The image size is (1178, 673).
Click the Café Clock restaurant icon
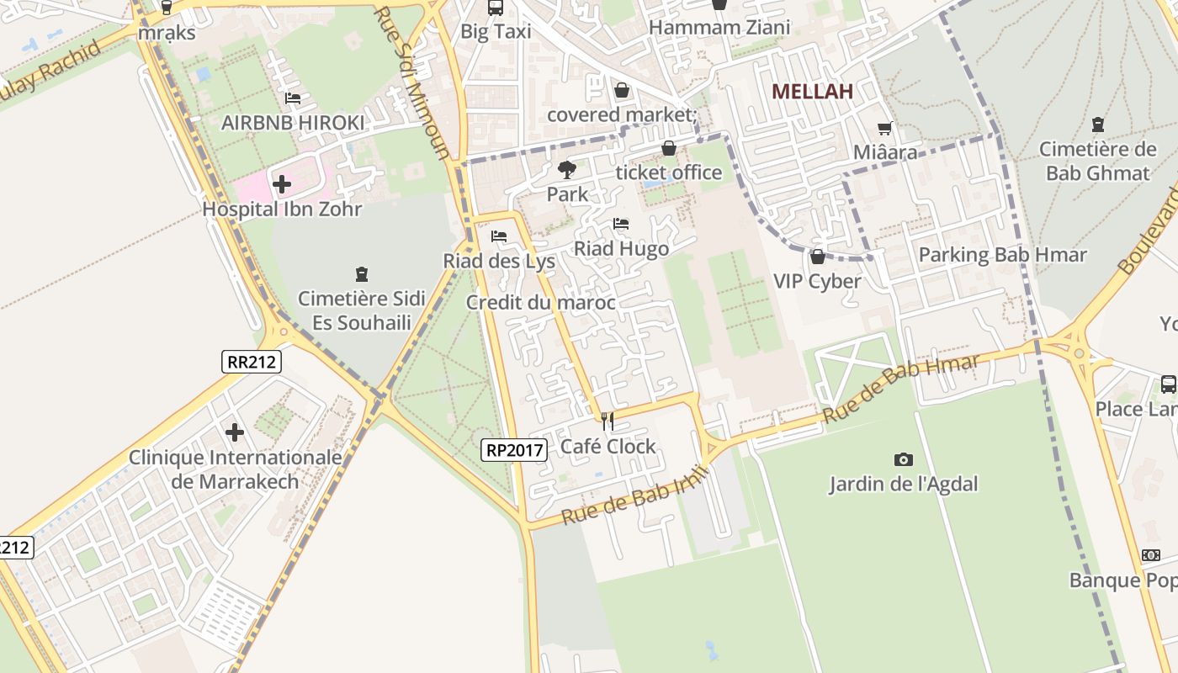[x=608, y=421]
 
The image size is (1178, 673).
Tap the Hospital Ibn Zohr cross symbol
[x=282, y=183]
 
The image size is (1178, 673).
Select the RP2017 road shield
[x=515, y=450]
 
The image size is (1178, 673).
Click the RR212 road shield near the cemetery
[x=252, y=362]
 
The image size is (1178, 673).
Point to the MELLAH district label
[x=812, y=92]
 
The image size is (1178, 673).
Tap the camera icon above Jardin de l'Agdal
[x=903, y=459]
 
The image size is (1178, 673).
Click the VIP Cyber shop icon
[x=817, y=257]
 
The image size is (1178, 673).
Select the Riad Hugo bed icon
[x=621, y=224]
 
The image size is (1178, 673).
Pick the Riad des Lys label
[x=499, y=262]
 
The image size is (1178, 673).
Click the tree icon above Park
[x=567, y=170]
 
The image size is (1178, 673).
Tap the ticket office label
[x=669, y=172]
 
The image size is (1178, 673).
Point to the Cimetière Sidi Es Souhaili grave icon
[x=362, y=273]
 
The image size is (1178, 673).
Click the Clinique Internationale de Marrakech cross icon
[x=235, y=432]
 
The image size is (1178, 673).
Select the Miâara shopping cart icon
[x=884, y=129]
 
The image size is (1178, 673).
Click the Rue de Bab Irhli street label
[x=635, y=495]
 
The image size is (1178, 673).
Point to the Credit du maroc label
[x=540, y=303]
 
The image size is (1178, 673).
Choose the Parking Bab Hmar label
[x=1002, y=255]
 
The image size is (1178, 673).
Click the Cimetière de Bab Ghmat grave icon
[x=1097, y=125]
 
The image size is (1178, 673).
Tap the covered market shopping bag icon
[x=622, y=90]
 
